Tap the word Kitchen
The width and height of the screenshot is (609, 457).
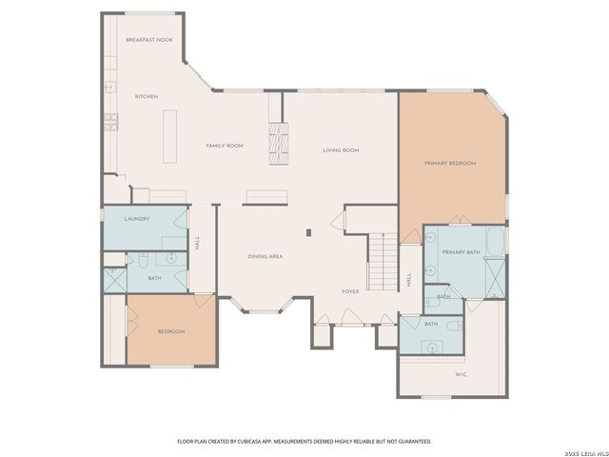[x=146, y=96]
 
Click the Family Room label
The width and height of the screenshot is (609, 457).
[x=226, y=145]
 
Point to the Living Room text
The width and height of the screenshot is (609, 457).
[x=340, y=149]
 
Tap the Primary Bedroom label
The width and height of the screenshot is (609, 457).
[x=449, y=163]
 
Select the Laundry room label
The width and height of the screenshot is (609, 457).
[x=137, y=218]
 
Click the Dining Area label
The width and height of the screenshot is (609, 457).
[x=265, y=256]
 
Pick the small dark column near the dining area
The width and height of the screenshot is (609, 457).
[x=307, y=231]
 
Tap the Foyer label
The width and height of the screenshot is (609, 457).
[x=351, y=291]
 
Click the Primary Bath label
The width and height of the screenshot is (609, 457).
[x=460, y=251]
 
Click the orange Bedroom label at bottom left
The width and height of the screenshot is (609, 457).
[x=171, y=330]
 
